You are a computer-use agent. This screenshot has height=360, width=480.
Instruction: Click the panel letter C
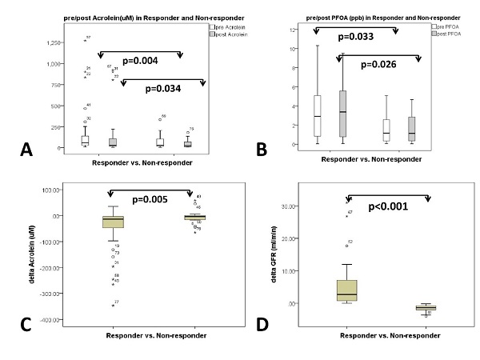coord(24,324)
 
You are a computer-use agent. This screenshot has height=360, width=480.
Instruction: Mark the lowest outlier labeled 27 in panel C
coord(112,305)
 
